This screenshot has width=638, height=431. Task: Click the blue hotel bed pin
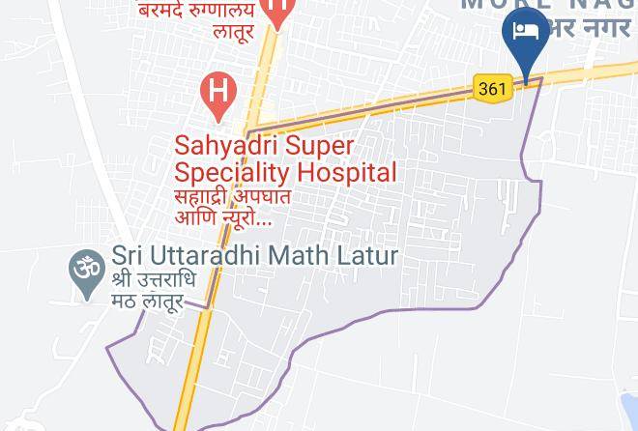pyautogui.click(x=526, y=34)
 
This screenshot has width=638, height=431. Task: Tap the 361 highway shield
pyautogui.click(x=492, y=89)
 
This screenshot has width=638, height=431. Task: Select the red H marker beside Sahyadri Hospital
pyautogui.click(x=219, y=93)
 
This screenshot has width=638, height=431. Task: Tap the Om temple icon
pyautogui.click(x=87, y=268)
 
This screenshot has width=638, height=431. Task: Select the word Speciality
pyautogui.click(x=232, y=173)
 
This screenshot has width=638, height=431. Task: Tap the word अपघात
pyautogui.click(x=262, y=196)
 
